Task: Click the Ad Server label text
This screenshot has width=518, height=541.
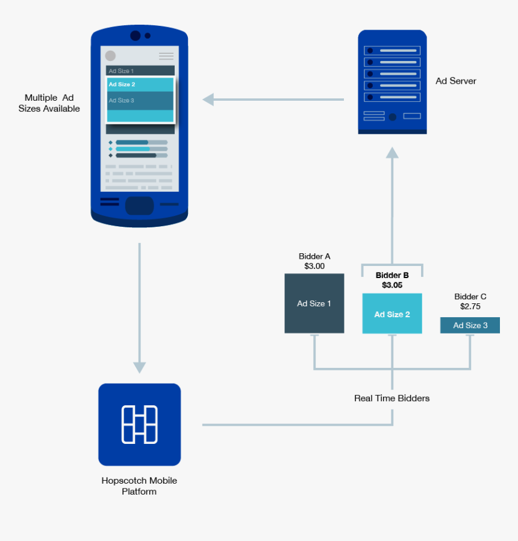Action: point(455,81)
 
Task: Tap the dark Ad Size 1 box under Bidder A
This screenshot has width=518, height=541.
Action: point(314,303)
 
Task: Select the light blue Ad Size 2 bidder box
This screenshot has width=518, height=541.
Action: point(392,314)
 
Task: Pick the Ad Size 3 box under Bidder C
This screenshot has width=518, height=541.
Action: point(470,326)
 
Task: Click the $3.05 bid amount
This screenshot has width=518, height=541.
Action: point(392,285)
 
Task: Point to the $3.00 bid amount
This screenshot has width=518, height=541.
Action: point(314,266)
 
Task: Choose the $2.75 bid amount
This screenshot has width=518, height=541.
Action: point(470,306)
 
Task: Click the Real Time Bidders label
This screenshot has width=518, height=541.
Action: point(392,399)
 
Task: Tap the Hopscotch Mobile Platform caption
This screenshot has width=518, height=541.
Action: point(139,486)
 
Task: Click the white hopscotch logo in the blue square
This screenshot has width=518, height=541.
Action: point(139,425)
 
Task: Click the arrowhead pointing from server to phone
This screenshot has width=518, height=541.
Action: point(208,100)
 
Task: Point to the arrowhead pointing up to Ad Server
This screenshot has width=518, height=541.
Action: point(392,152)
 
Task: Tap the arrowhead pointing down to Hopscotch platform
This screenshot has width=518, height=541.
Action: point(139,367)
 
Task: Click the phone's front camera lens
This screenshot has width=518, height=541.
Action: point(136,36)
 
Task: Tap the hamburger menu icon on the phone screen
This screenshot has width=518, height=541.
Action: point(166,56)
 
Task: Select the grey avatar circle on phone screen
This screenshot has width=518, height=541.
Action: point(110,56)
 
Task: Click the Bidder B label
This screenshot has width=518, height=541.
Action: point(392,275)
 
